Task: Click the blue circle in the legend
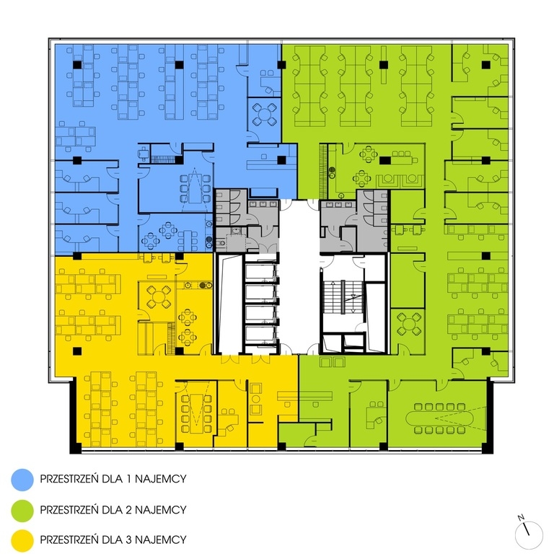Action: pyautogui.click(x=22, y=480)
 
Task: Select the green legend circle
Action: pyautogui.click(x=22, y=510)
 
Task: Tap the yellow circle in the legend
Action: pyautogui.click(x=22, y=540)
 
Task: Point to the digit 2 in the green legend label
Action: pyautogui.click(x=129, y=510)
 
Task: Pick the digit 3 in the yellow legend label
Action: pyautogui.click(x=129, y=540)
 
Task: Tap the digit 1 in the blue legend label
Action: pyautogui.click(x=130, y=478)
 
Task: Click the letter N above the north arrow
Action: pyautogui.click(x=521, y=517)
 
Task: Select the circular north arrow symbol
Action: pyautogui.click(x=529, y=535)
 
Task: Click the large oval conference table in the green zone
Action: pyautogui.click(x=440, y=418)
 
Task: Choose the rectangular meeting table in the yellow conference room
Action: pyautogui.click(x=196, y=413)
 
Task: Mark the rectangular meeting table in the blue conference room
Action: pyautogui.click(x=195, y=188)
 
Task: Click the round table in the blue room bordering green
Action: pyautogui.click(x=264, y=115)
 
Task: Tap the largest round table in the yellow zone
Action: pyautogui.click(x=159, y=296)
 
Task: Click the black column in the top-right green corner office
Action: pyautogui.click(x=485, y=65)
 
